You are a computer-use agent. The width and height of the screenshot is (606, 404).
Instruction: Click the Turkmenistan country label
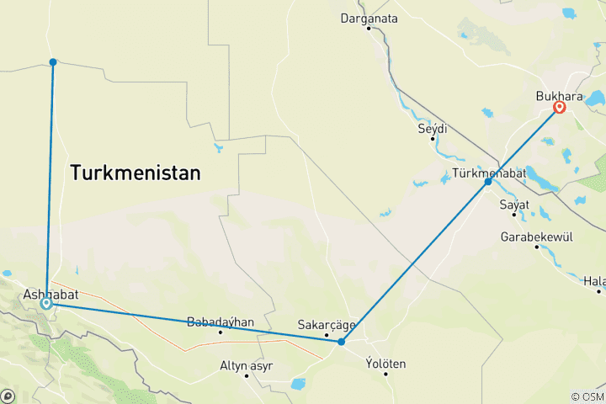coord(136,173)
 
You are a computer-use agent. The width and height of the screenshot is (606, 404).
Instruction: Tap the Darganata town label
coord(369,18)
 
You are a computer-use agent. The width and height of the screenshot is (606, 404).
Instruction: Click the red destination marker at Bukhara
coord(559,108)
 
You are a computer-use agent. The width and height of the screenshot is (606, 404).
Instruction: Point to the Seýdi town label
coord(433,129)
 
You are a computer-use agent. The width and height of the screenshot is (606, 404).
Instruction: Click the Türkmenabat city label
coord(489,173)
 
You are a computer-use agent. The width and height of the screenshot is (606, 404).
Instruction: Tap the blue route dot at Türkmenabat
coord(488,182)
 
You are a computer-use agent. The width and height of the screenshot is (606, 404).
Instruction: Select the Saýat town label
coord(514,205)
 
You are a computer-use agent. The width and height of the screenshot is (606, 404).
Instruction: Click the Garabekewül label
coord(536,237)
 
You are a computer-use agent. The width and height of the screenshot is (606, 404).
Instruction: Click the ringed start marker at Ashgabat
coord(46,304)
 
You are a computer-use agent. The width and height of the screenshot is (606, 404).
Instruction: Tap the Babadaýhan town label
coord(221,322)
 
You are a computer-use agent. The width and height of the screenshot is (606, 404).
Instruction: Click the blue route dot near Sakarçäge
coord(341,342)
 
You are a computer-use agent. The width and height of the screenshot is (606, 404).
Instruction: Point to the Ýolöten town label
coord(386,364)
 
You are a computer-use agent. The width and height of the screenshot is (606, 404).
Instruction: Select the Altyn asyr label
coord(247,364)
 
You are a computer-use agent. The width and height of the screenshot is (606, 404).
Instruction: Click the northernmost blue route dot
coord(53,61)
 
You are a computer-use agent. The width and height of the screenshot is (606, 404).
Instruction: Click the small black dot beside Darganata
coord(369,29)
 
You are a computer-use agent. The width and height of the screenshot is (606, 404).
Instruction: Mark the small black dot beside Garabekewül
coord(536,247)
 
